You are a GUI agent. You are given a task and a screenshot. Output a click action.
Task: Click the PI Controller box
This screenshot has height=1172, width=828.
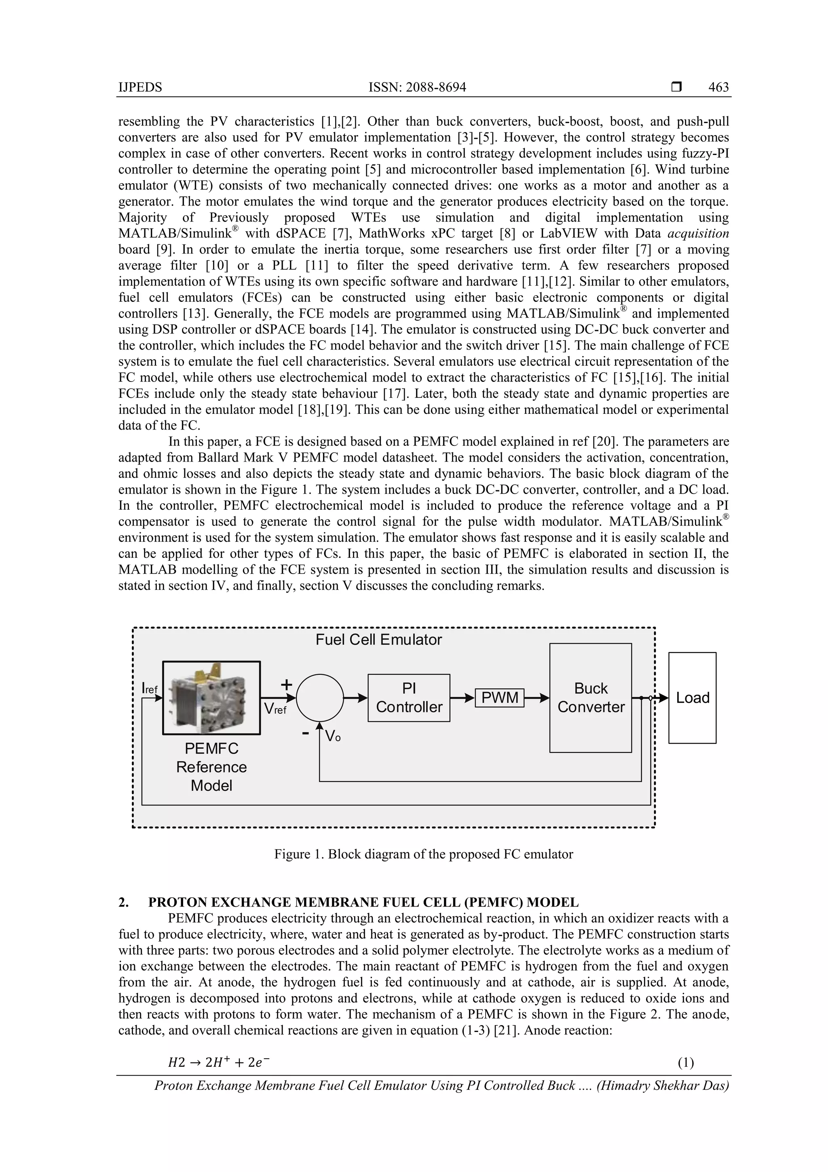coord(409,698)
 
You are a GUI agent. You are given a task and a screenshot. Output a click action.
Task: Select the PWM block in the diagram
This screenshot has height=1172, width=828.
coord(499,698)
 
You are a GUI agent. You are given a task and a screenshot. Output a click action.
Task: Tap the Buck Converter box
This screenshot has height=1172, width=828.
coord(590,698)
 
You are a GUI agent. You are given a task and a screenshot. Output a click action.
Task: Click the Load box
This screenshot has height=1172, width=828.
coord(692,698)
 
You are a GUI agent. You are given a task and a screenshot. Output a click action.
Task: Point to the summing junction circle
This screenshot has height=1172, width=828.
coord(320,698)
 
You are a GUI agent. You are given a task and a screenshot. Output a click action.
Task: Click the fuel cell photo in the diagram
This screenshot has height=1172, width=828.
coord(211,698)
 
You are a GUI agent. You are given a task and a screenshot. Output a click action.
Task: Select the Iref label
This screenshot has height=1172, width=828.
coord(150,689)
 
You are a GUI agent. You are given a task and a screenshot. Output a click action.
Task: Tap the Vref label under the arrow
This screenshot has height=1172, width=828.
coord(275,709)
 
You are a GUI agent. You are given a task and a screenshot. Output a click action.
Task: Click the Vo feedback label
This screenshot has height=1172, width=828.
coord(333,735)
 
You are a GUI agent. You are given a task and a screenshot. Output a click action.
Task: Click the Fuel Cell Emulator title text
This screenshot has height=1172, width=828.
coord(378,640)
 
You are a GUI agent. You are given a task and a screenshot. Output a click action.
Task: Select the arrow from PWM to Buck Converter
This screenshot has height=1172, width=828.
coord(537,698)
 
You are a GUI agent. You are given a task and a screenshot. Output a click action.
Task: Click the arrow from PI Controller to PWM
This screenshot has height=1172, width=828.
coord(462,698)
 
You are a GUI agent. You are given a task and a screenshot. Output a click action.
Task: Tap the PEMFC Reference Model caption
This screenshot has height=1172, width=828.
coord(211,767)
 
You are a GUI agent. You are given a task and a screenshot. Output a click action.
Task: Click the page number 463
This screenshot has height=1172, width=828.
coord(718,87)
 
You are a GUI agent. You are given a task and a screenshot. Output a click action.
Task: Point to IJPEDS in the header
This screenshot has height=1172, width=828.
coord(140,87)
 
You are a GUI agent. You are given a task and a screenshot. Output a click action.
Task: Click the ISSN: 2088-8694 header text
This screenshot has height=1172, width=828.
coord(417,87)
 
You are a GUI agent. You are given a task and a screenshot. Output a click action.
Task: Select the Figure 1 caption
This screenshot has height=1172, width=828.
coord(423,854)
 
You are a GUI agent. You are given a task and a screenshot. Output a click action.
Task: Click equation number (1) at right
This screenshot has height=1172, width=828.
coord(686,1063)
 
